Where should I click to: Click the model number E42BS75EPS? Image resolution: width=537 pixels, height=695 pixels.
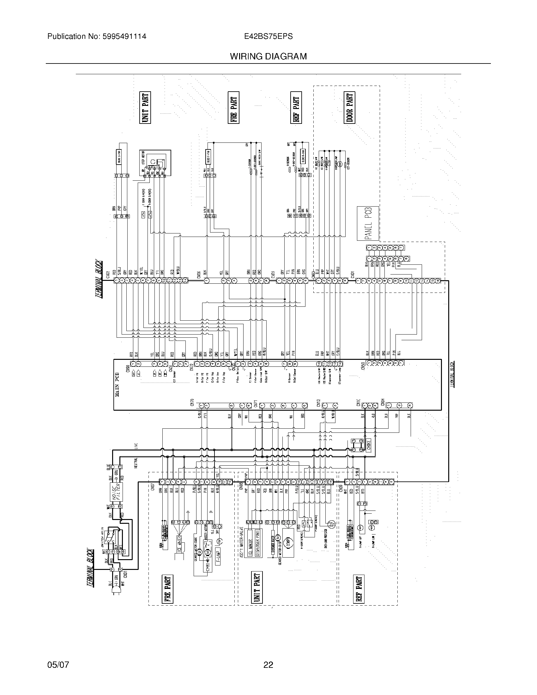(268, 36)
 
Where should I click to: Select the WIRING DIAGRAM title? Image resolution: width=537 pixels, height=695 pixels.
(268, 56)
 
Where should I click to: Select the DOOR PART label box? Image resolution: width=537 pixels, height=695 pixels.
(349, 108)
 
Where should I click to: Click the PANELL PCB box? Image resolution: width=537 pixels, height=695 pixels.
(368, 223)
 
